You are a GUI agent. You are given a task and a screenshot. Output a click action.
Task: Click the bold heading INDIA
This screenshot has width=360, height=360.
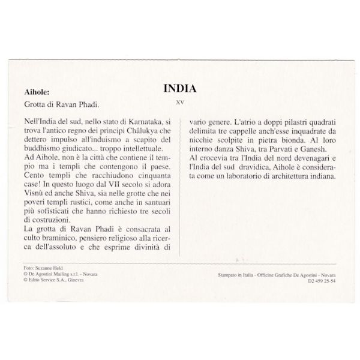180,88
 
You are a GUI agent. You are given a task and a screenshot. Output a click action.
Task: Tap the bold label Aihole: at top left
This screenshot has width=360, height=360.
37,92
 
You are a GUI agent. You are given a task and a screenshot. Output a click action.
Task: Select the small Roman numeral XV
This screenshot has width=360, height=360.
180,101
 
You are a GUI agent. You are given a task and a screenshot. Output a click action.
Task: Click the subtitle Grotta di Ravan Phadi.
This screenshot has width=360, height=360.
56,104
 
